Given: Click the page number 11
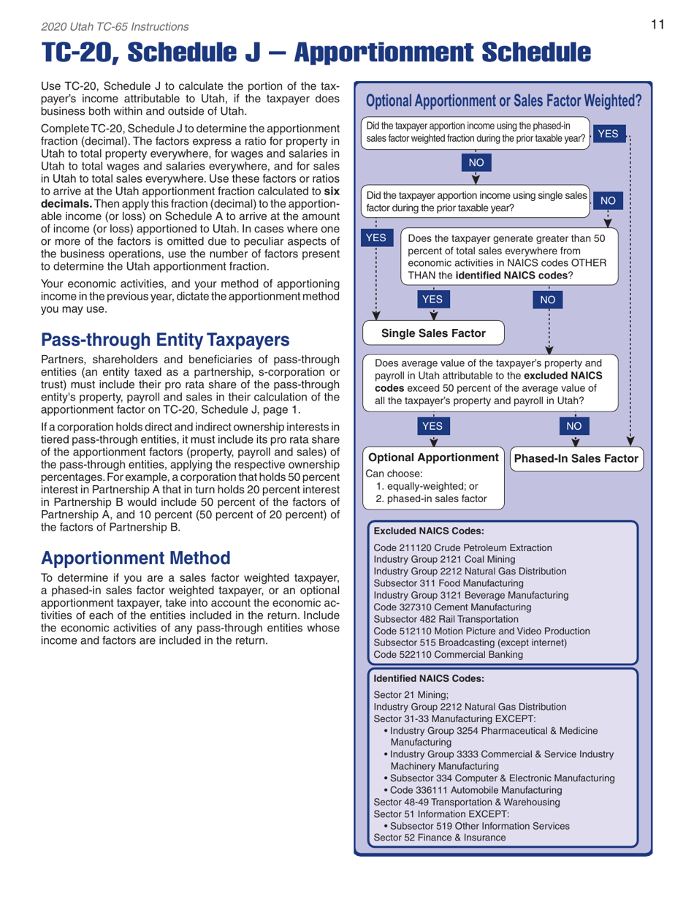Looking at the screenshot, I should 657,25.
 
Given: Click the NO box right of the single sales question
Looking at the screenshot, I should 612,200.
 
